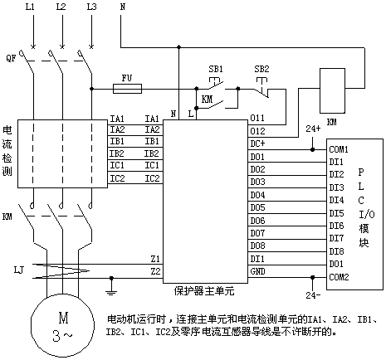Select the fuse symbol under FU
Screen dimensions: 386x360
(x=128, y=89)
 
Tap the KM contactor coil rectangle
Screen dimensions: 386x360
(x=332, y=90)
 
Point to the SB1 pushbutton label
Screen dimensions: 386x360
(x=216, y=69)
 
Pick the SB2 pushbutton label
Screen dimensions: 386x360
(x=261, y=69)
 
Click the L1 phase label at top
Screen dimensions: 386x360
(x=30, y=7)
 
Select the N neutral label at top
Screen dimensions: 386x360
(x=123, y=7)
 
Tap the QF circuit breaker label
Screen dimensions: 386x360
(x=11, y=58)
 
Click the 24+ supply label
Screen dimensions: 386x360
(x=313, y=129)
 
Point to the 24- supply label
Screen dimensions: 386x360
(x=313, y=295)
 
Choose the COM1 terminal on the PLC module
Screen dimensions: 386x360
(x=339, y=149)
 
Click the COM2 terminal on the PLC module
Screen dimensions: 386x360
(x=339, y=277)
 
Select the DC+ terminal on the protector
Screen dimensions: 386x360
(x=257, y=144)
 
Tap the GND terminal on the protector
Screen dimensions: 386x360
(x=257, y=271)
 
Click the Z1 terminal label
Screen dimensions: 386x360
(x=155, y=259)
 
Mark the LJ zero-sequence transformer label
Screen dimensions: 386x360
(x=19, y=270)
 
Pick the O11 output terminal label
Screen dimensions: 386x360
(x=257, y=118)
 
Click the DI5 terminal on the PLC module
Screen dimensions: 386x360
(x=336, y=213)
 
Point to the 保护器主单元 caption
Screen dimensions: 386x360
(x=204, y=291)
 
